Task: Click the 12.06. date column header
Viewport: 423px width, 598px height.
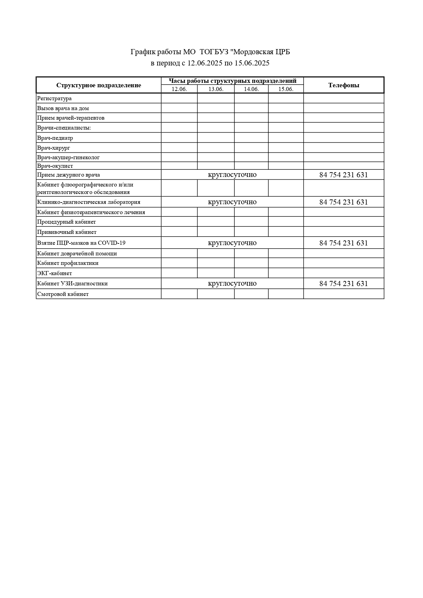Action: point(179,89)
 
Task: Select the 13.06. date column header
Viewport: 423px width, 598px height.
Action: point(216,89)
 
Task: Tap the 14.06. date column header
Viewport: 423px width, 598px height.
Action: point(251,89)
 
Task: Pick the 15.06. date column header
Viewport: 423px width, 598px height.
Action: point(286,89)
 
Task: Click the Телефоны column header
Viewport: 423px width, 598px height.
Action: point(344,85)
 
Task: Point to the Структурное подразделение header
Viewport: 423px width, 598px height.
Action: point(99,85)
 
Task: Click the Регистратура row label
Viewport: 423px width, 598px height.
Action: point(55,99)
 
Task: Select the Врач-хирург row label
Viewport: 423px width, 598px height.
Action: point(54,148)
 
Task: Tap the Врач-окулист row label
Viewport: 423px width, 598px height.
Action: point(55,166)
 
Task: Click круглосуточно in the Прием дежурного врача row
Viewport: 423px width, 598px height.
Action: point(232,175)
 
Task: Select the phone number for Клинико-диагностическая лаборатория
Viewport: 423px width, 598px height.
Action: point(344,202)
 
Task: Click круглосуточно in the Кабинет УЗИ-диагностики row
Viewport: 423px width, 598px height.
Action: point(232,284)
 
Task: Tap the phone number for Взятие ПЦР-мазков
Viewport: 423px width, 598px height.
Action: point(344,243)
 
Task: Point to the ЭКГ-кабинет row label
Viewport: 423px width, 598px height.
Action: point(55,273)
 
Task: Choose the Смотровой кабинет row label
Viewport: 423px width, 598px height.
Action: point(63,294)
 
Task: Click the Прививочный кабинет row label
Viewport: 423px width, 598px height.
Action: point(67,232)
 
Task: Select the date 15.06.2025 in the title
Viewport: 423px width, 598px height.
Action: point(252,63)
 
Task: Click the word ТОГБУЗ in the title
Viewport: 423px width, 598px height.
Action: point(214,52)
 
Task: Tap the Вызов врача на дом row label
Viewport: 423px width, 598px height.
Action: point(63,108)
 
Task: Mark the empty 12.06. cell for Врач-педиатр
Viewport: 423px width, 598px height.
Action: point(179,138)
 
